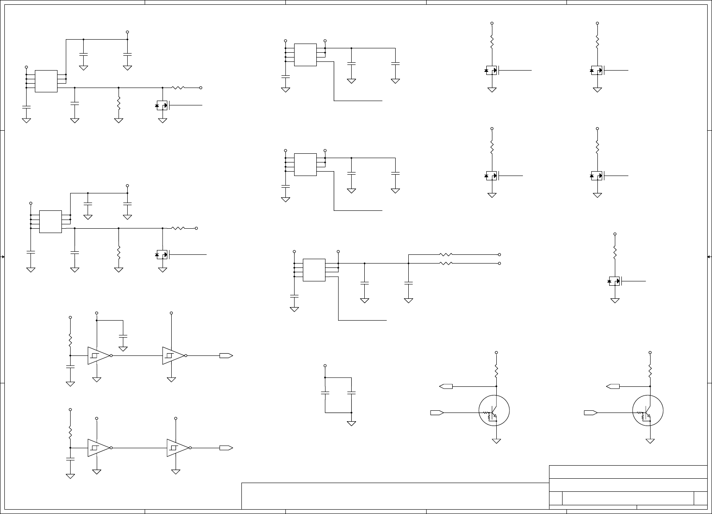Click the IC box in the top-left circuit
[46, 81]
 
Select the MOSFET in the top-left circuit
[162, 105]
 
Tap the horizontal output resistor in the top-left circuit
[178, 88]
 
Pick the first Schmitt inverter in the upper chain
[98, 355]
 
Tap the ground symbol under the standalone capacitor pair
[351, 423]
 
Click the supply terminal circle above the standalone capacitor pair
[325, 365]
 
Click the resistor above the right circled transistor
[650, 372]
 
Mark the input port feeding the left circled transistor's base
[437, 413]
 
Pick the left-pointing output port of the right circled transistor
[613, 386]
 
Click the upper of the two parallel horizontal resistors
[446, 254]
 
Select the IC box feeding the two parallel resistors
[314, 270]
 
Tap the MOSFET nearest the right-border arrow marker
[614, 281]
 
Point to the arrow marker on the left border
[3, 257]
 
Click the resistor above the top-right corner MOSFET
[597, 42]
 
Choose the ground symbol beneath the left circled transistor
[496, 441]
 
